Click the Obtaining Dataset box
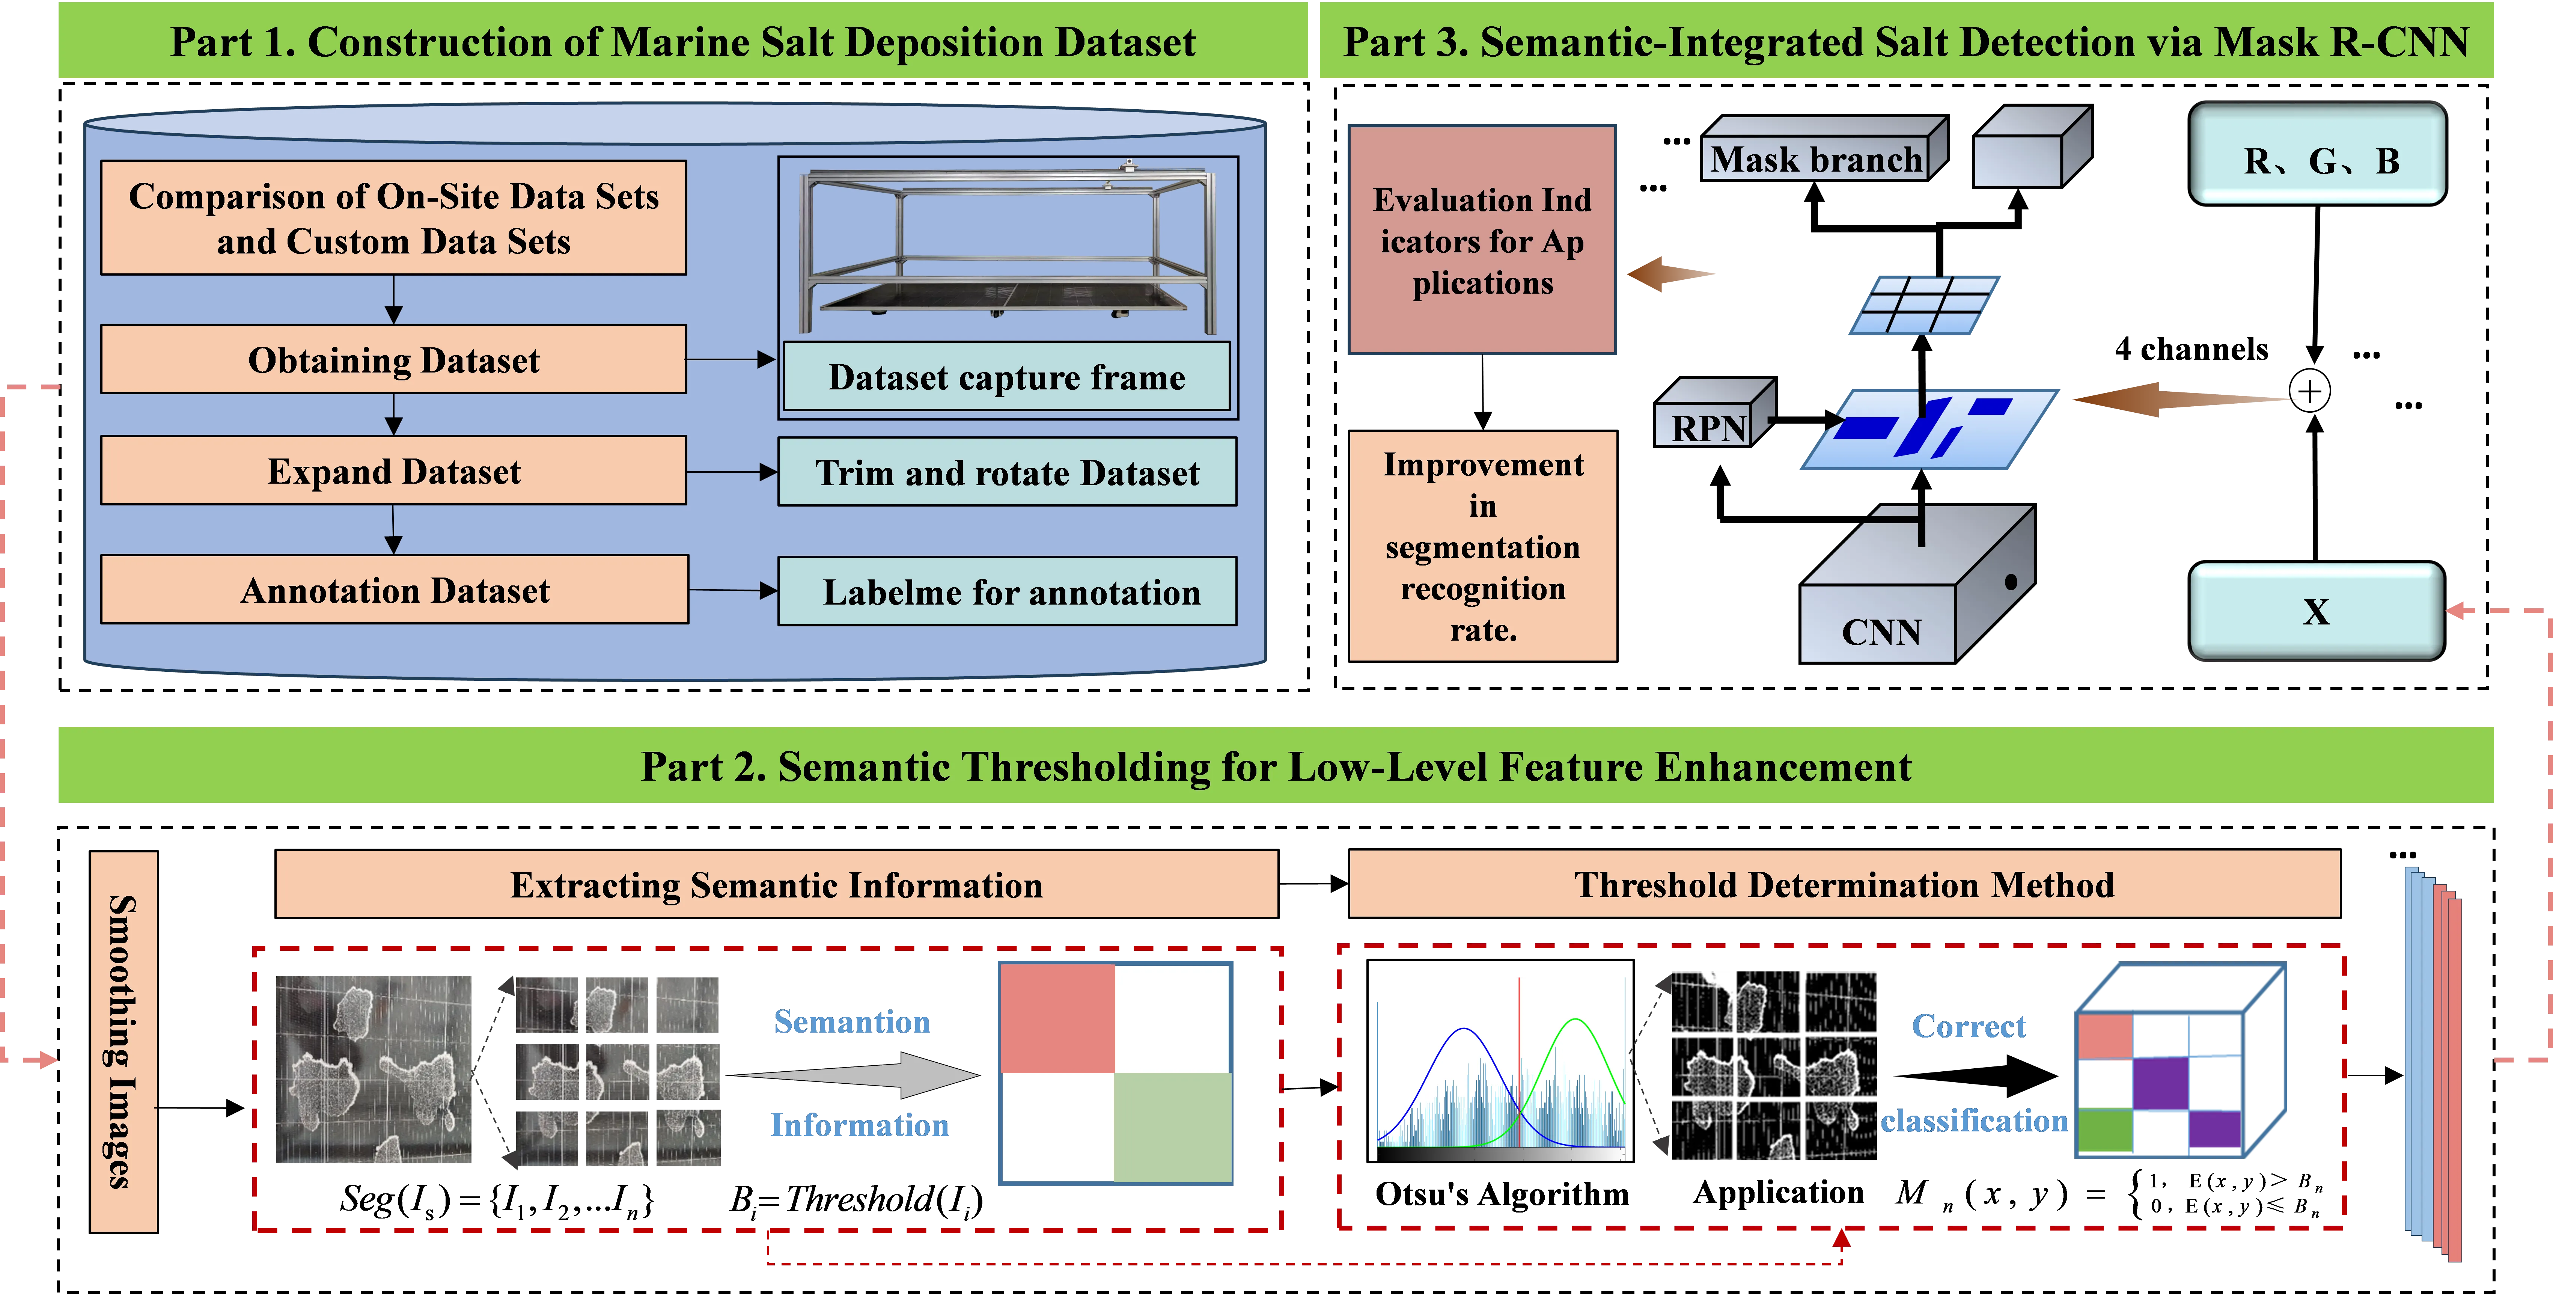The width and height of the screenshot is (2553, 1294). [x=393, y=360]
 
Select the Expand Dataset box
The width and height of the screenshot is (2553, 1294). [x=393, y=471]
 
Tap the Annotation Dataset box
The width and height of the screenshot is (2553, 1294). [x=393, y=590]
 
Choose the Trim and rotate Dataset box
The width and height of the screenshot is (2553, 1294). [x=1006, y=473]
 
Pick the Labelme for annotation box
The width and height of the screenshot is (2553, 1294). [x=1006, y=592]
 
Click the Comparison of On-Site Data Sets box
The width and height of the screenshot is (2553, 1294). [x=393, y=218]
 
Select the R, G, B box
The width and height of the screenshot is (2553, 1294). [x=2317, y=158]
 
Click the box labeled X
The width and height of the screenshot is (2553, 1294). [x=2315, y=612]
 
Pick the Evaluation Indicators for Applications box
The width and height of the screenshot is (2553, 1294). [x=1482, y=241]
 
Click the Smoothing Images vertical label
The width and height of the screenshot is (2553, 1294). [x=123, y=1041]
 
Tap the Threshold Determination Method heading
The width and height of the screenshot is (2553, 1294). [x=1844, y=884]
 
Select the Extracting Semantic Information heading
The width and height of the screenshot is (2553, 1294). [x=776, y=884]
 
